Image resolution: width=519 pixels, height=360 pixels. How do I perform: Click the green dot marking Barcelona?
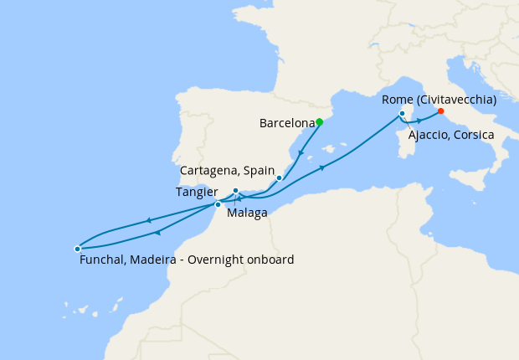[x=319, y=122]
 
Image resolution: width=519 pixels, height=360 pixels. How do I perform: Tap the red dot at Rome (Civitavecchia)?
[x=440, y=111]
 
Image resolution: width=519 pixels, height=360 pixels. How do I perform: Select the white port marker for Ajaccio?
[x=403, y=113]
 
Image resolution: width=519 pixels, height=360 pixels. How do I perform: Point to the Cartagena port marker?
[x=279, y=177]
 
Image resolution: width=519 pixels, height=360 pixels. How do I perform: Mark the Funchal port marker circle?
[x=77, y=249]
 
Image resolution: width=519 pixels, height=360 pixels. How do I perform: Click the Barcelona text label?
[x=286, y=123]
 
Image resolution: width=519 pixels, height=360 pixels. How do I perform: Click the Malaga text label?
[x=247, y=213]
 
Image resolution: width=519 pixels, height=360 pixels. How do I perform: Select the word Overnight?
[x=226, y=260]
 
